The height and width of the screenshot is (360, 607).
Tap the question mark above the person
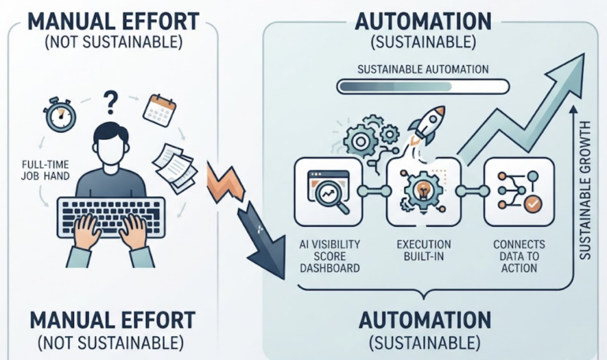110,102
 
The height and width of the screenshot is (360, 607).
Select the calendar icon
159,110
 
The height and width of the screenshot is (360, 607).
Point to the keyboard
111,216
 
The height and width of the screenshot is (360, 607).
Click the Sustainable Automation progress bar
423,87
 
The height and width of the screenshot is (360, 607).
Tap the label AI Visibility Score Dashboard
330,256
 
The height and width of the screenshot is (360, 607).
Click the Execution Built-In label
424,250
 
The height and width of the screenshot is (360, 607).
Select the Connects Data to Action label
519,256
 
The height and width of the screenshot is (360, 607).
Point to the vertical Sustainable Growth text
584,190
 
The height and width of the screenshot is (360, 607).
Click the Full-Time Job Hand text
45,170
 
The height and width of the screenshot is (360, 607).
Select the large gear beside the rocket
360,141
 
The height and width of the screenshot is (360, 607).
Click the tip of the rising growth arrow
583,54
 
